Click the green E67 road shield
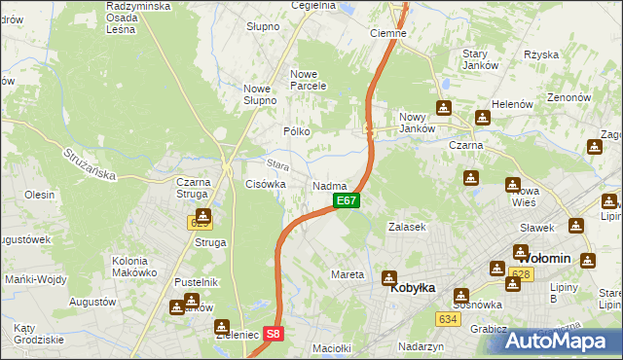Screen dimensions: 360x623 pyautogui.click(x=348, y=200)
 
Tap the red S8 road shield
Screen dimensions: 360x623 pyautogui.click(x=275, y=333)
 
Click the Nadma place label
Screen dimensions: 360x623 pyautogui.click(x=330, y=185)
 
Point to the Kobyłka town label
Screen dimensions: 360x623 pyautogui.click(x=412, y=289)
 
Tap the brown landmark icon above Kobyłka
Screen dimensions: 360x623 pyautogui.click(x=390, y=277)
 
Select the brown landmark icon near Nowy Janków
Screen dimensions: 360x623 pyautogui.click(x=444, y=108)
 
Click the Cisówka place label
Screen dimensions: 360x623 pyautogui.click(x=265, y=183)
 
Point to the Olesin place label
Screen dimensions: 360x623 pyautogui.click(x=39, y=195)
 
